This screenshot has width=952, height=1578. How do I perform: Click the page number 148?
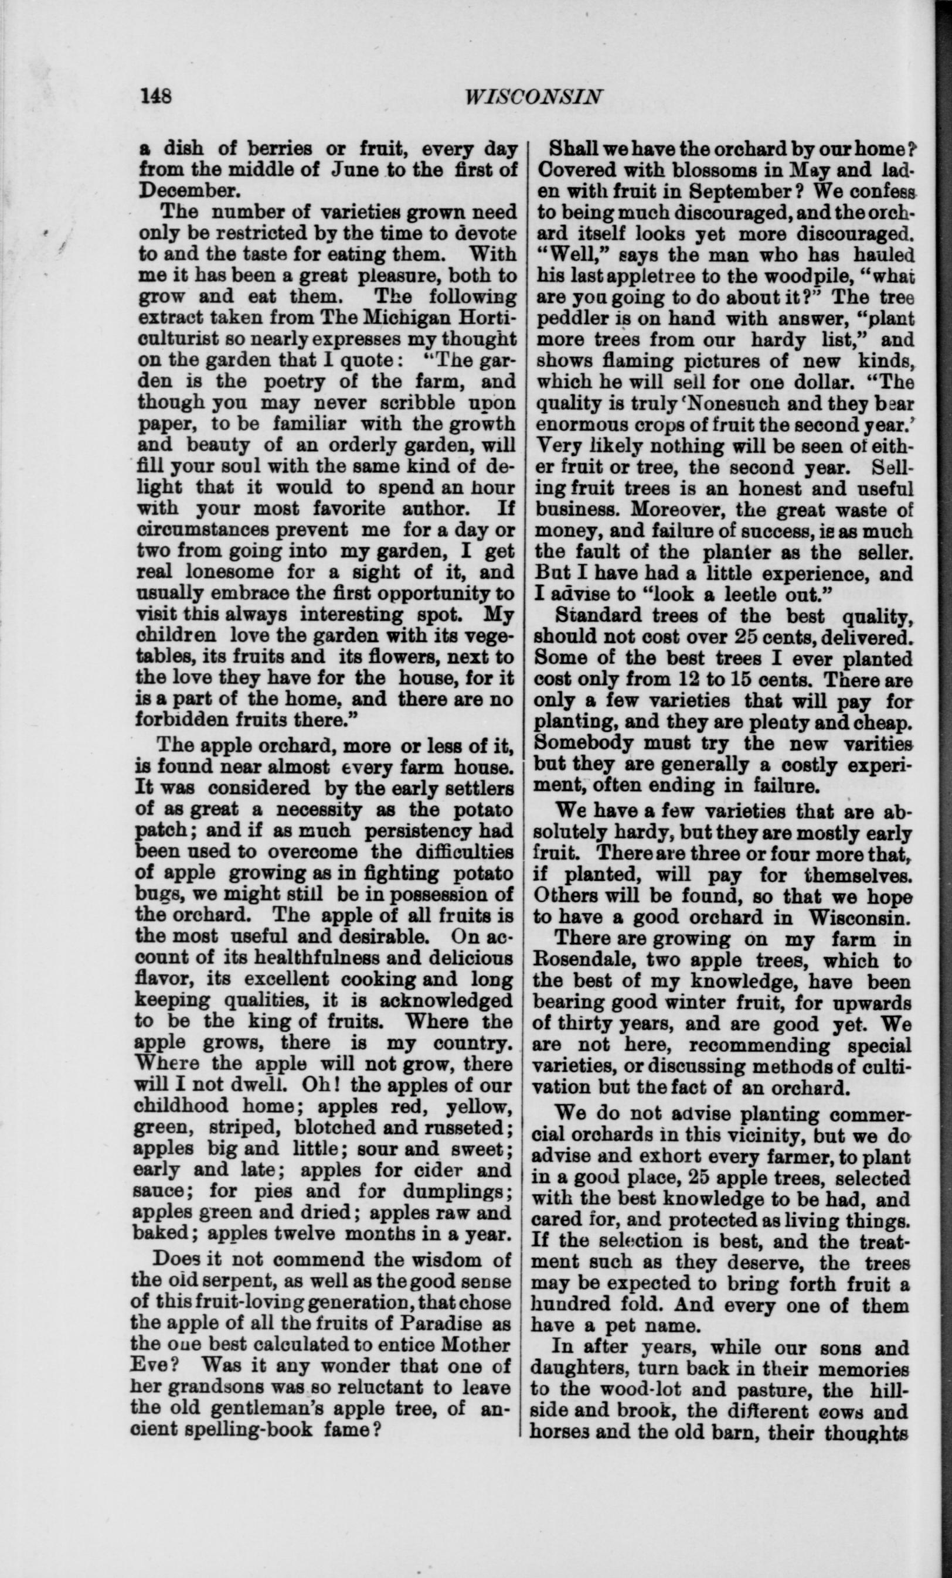click(157, 96)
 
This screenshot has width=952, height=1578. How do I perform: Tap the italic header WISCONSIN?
click(533, 96)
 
